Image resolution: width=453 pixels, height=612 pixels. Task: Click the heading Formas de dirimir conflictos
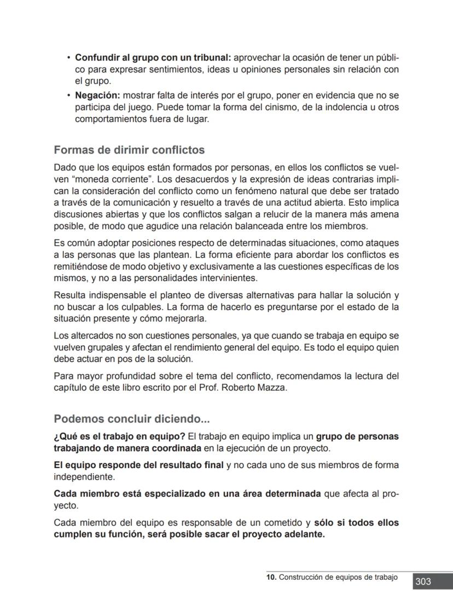[129, 150]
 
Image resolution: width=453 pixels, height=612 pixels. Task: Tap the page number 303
[423, 581]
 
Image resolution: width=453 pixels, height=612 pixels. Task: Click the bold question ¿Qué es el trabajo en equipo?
[119, 436]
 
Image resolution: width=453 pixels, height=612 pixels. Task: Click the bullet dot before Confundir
[68, 57]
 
